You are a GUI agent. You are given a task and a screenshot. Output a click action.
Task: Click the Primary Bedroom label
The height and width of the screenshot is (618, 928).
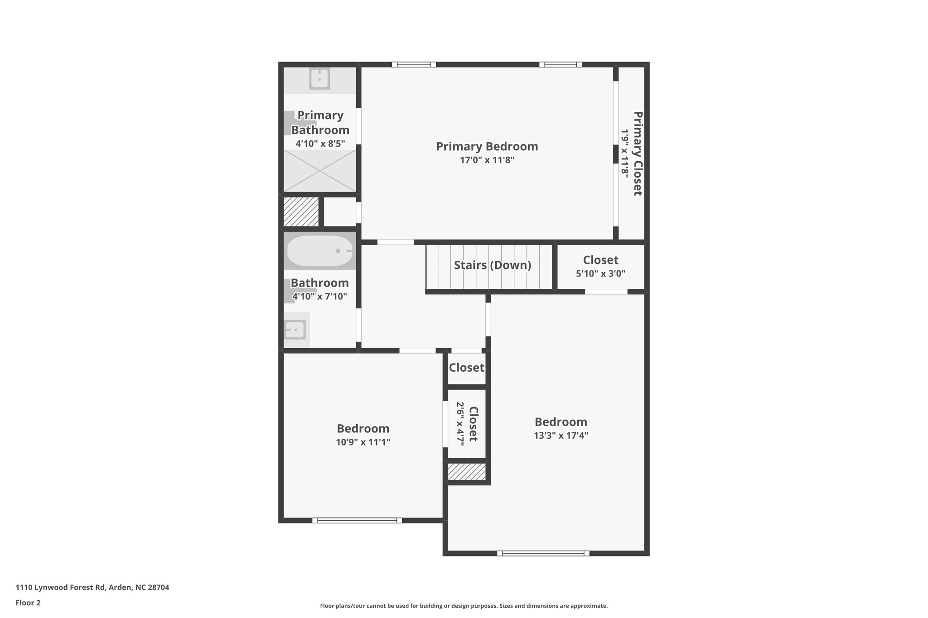[487, 146]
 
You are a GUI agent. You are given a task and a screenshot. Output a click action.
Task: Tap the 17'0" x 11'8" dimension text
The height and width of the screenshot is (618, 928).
[487, 160]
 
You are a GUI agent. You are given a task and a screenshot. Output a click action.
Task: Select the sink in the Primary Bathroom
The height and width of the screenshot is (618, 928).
[319, 79]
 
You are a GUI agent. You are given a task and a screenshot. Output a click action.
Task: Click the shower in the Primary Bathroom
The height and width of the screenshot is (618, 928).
[319, 171]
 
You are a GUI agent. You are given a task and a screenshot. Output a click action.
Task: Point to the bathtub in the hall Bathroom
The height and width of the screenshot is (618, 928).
[320, 251]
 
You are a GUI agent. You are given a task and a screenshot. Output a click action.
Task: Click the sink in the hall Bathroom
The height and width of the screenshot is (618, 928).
[295, 330]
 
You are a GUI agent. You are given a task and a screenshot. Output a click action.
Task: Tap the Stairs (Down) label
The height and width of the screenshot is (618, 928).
[492, 265]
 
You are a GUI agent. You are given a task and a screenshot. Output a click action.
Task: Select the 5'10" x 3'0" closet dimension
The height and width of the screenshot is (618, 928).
[600, 273]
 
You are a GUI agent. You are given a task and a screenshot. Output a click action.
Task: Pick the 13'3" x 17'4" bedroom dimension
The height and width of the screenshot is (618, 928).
[561, 436]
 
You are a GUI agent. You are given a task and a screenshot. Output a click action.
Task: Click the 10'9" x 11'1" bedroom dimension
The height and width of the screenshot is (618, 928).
[362, 442]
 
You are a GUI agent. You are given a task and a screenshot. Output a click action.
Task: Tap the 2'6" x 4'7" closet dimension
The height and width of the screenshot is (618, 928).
[460, 424]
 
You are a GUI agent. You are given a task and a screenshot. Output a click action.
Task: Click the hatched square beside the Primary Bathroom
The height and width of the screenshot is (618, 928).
[301, 211]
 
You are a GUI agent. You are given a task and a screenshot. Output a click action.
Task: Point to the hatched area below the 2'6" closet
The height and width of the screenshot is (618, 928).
[467, 471]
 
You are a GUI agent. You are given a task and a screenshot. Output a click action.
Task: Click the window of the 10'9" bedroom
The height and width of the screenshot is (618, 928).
[357, 520]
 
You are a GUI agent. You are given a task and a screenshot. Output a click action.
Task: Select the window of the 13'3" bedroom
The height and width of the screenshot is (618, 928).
[543, 553]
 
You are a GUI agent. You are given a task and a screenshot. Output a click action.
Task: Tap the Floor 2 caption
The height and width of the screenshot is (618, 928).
[28, 603]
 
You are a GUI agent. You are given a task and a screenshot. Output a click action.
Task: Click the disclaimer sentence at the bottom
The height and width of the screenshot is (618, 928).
[464, 606]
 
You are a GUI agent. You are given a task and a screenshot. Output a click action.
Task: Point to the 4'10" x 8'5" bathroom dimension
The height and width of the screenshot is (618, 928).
[320, 144]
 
